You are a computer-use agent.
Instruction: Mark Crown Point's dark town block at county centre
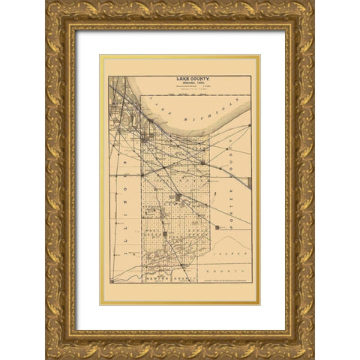(x=178, y=196)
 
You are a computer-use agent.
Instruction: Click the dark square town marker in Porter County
(x=216, y=226)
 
